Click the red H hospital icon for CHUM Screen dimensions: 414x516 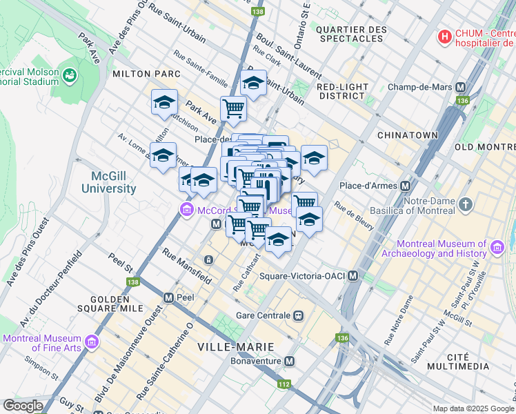tap(446, 35)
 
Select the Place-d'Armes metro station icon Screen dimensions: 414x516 tap(406, 186)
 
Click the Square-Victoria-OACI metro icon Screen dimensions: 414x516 tap(353, 276)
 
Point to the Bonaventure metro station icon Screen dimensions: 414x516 tap(290, 362)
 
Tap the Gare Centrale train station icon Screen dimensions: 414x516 tap(298, 315)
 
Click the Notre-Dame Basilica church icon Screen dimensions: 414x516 tap(466, 205)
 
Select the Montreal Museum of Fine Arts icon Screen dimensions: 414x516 tap(90, 343)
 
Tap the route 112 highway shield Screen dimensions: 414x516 tap(284, 384)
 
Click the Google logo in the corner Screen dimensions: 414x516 tap(23, 406)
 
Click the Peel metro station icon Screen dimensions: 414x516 tap(168, 297)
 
